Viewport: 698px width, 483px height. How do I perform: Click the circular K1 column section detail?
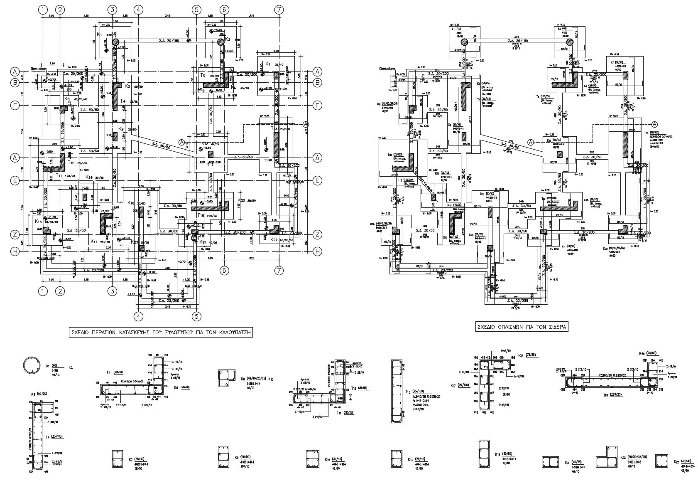coord(32,366)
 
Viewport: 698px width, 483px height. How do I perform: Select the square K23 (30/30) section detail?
coord(661,461)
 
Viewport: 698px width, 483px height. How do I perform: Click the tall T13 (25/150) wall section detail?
coord(397,391)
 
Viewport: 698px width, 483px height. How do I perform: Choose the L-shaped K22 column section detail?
coord(607,458)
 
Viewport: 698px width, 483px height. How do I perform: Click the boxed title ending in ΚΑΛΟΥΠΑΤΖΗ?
coord(161,332)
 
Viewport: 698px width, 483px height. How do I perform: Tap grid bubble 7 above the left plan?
coord(280,10)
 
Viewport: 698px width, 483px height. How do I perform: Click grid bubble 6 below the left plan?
coord(224,270)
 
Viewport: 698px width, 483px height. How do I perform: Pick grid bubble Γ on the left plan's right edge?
coord(318,106)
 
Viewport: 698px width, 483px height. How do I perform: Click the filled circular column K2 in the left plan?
coord(221,42)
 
